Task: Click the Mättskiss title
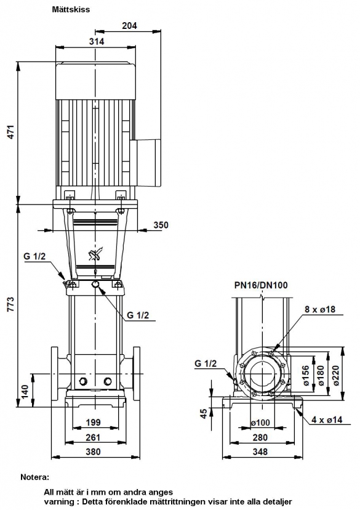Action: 71,9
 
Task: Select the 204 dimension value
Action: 130,25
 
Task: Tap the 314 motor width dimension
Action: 97,41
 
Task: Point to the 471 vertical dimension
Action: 11,132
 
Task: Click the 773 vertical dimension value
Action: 11,304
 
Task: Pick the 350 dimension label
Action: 161,225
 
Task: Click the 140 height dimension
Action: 25,391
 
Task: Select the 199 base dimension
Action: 94,423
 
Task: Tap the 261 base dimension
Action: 93,437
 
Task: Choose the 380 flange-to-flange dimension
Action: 93,451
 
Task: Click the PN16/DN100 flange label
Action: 261,285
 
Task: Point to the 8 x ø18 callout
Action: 320,309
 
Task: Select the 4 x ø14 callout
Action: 327,419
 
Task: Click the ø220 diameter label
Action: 336,375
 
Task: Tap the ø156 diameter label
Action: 306,375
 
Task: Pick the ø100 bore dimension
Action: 260,423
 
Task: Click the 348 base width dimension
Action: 260,451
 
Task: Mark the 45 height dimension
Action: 204,413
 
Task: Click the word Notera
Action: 34,477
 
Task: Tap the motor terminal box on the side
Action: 149,163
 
